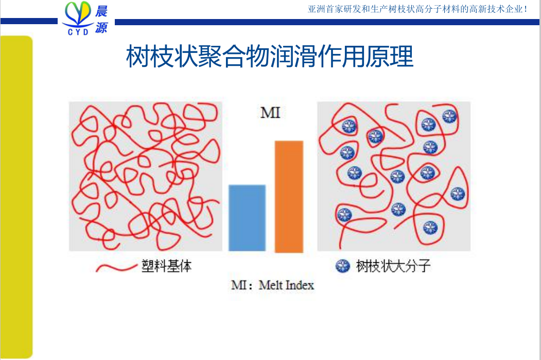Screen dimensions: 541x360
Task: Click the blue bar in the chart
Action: (x=247, y=218)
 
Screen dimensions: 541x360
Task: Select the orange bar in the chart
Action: (x=289, y=196)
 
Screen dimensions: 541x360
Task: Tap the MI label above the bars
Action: (x=271, y=113)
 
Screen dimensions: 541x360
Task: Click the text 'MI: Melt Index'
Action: (x=273, y=285)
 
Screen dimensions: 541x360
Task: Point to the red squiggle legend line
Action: (x=116, y=267)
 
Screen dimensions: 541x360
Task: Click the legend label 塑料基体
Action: (x=166, y=266)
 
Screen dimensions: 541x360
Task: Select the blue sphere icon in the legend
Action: (x=343, y=266)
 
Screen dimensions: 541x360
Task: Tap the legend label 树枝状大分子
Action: (x=393, y=266)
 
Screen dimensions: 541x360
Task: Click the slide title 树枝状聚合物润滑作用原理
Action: (x=270, y=56)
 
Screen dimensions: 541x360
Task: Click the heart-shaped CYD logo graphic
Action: (x=78, y=14)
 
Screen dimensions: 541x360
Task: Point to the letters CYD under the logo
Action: (x=78, y=32)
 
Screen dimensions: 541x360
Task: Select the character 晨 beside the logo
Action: (x=101, y=11)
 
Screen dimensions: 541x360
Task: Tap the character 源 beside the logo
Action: (x=101, y=28)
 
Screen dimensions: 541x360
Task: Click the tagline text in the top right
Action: (x=417, y=9)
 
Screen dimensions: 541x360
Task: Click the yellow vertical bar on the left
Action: (x=16, y=197)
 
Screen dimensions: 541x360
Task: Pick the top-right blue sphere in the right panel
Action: (x=449, y=117)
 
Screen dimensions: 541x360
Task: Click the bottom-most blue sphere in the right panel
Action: (x=430, y=228)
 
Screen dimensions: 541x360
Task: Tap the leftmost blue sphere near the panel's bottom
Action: (x=344, y=215)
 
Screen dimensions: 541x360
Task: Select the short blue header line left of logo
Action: (x=29, y=22)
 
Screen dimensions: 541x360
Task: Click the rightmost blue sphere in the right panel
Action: (x=458, y=194)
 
